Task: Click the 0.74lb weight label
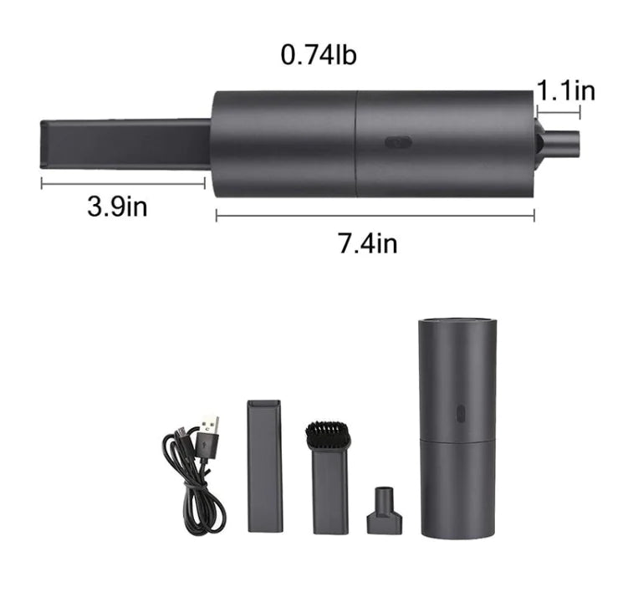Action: (319, 55)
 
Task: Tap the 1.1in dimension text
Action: (565, 90)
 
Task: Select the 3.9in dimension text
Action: (117, 206)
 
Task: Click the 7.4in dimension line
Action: (375, 216)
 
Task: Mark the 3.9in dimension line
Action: (122, 183)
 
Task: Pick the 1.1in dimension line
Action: (558, 111)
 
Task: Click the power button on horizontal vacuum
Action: (398, 141)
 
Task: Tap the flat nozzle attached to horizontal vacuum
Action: (125, 145)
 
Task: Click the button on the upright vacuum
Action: (459, 414)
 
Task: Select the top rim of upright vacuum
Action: (457, 322)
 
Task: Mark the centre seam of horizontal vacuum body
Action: (357, 144)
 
